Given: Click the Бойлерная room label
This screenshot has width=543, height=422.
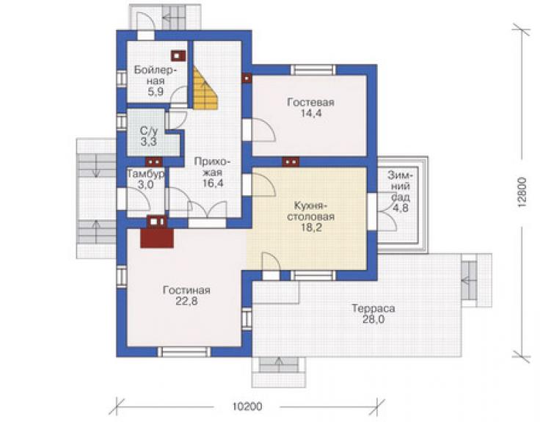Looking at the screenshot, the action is (x=156, y=76).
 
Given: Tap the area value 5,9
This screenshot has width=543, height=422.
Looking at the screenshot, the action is (x=156, y=92).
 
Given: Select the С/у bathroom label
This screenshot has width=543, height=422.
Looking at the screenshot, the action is (x=148, y=131).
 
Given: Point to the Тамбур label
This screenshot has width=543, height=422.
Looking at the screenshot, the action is (x=146, y=173).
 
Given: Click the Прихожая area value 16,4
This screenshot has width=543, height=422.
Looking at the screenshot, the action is (x=213, y=183).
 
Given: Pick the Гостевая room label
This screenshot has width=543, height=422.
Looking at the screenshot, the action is (x=310, y=102).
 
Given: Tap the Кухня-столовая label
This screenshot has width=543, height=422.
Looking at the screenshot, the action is (x=310, y=211).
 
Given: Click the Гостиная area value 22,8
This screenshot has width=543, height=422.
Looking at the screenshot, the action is (x=186, y=301).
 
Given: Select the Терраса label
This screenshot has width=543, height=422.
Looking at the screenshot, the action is (x=373, y=308).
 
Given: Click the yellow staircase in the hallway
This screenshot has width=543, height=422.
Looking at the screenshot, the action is (x=205, y=88).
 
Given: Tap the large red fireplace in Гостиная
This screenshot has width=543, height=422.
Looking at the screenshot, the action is (x=157, y=238).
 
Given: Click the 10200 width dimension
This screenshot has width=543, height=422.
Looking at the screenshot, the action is (x=247, y=406).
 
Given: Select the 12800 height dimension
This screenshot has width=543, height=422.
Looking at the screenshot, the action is (x=522, y=192).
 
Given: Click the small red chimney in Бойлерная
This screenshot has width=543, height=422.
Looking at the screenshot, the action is (x=178, y=56).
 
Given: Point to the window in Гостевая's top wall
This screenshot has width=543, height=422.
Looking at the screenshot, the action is (x=313, y=70).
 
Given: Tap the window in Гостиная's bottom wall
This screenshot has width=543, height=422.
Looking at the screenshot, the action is (x=184, y=352).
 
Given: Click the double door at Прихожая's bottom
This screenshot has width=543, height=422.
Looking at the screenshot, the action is (x=207, y=209).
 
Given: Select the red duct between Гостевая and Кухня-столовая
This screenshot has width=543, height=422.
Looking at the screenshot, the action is (x=291, y=161).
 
